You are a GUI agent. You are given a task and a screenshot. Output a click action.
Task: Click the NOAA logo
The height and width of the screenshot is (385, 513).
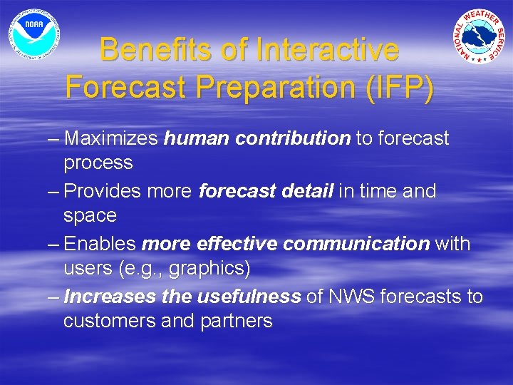(34, 34)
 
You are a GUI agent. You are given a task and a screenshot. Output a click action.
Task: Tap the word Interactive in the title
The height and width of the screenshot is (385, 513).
(327, 51)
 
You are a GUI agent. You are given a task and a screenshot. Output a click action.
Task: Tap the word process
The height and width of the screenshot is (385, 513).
(98, 163)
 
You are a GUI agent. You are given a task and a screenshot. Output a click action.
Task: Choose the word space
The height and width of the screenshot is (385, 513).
(90, 216)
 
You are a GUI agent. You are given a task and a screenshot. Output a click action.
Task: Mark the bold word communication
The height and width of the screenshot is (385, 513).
(356, 244)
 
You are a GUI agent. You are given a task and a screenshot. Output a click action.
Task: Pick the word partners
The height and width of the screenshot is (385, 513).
(239, 322)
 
